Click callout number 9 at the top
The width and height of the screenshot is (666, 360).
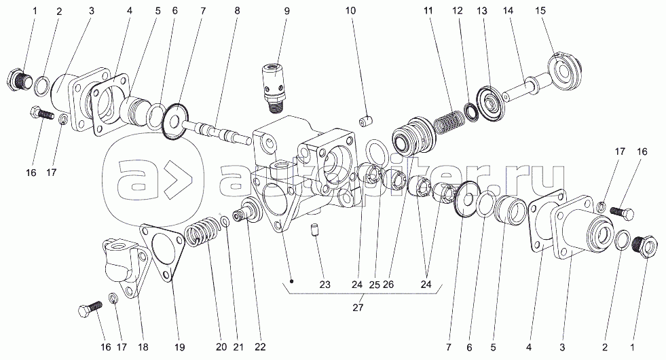(286, 11)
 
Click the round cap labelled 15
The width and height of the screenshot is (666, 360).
(563, 68)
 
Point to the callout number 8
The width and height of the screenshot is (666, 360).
(237, 11)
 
